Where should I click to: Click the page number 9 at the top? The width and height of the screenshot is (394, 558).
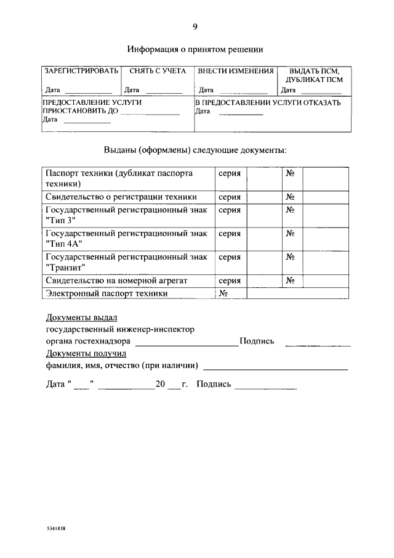[195, 26]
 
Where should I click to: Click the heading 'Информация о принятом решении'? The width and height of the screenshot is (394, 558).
[195, 49]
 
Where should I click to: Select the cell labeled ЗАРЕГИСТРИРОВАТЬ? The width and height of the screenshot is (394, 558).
[81, 71]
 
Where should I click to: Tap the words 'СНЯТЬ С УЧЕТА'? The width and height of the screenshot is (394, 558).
[158, 71]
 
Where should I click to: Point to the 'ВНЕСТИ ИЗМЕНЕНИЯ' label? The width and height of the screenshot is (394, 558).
[236, 71]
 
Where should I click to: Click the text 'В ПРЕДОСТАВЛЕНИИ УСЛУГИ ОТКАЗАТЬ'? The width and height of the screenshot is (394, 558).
[268, 103]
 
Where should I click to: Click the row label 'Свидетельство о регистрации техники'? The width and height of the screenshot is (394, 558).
[121, 197]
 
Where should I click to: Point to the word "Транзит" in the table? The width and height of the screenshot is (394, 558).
[65, 268]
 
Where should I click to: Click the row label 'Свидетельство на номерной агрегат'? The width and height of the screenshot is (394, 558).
[116, 281]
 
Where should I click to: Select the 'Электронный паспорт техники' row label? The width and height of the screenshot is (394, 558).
[107, 293]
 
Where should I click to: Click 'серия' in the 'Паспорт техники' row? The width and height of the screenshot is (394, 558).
[229, 174]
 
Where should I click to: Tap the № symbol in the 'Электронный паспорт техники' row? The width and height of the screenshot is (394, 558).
[223, 293]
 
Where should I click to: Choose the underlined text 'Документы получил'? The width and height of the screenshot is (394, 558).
[86, 353]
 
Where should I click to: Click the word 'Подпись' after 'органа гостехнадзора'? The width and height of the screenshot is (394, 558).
[257, 341]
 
